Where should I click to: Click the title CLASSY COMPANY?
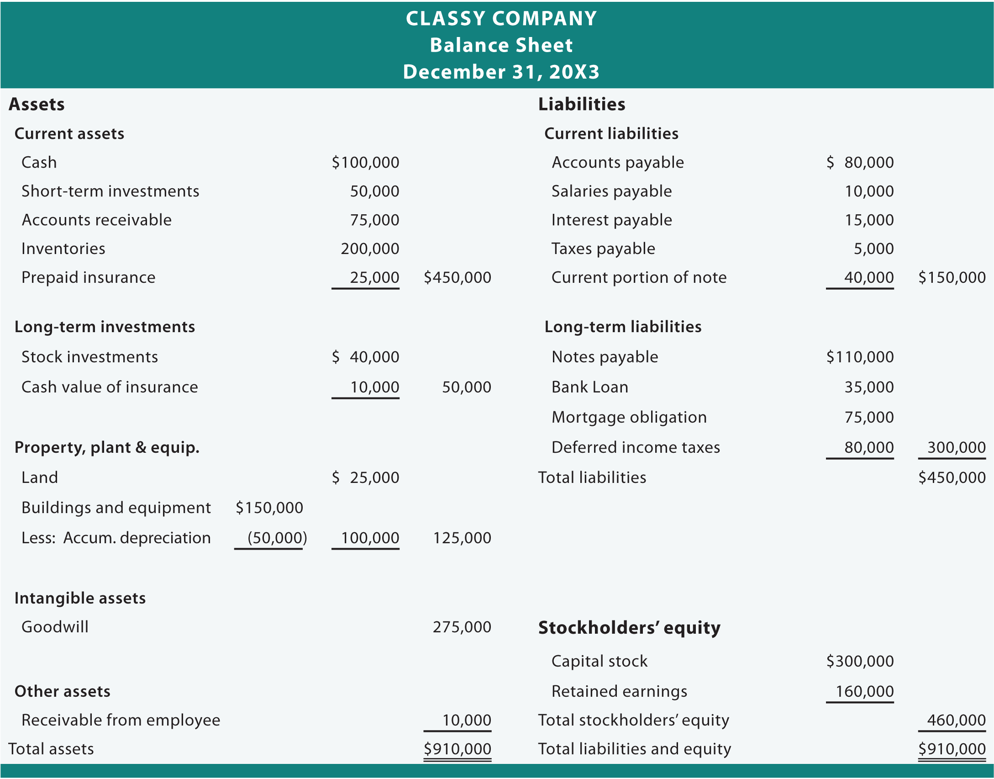click(501, 19)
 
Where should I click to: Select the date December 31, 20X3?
click(501, 72)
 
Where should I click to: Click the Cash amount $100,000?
click(365, 162)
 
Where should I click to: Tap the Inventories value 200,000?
click(370, 249)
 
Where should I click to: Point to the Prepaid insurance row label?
click(88, 277)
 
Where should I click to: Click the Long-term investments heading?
click(105, 327)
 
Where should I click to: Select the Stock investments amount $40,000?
click(365, 357)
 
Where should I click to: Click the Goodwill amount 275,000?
click(462, 627)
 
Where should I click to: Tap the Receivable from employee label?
click(121, 720)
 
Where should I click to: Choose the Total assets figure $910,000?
click(457, 749)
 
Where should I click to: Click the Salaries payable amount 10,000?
click(869, 191)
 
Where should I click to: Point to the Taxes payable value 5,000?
click(873, 249)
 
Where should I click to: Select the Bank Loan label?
click(589, 387)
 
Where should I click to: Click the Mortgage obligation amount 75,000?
click(869, 417)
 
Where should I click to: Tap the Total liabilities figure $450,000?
click(952, 477)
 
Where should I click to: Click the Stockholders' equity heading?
click(629, 628)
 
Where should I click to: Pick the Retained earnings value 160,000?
click(864, 691)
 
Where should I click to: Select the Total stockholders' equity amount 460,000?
click(956, 720)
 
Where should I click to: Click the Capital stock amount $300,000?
click(860, 661)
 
